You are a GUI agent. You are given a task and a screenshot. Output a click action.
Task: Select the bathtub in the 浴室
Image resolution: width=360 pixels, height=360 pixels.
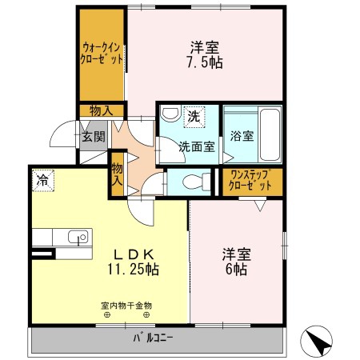click(270, 134)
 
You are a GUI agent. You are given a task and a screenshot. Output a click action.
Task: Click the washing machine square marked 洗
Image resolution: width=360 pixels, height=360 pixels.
click(194, 117)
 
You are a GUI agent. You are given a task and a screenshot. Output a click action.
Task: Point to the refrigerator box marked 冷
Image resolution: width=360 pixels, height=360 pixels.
click(43, 180)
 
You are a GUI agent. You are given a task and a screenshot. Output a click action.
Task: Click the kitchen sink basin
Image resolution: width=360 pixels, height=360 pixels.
click(78, 237)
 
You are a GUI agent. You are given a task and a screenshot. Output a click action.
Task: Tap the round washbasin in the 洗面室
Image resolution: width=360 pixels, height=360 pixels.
click(170, 114)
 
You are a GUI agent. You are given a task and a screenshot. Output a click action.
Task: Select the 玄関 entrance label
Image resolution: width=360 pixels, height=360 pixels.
click(94, 137)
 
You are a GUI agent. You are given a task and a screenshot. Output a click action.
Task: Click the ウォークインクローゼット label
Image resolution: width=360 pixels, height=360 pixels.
click(102, 54)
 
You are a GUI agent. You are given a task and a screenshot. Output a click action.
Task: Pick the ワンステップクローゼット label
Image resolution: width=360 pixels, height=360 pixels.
click(250, 181)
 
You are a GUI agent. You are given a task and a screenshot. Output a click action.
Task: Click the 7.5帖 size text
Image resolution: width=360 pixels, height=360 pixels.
click(205, 63)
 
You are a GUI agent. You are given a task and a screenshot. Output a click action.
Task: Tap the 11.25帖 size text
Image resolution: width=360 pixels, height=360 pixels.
click(134, 270)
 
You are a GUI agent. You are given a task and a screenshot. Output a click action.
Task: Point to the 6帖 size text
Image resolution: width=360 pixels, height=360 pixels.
click(236, 270)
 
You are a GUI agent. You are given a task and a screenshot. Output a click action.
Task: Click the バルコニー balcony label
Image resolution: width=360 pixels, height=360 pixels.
click(153, 338)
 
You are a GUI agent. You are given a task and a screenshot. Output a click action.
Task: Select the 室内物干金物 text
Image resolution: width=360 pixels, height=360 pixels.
click(126, 306)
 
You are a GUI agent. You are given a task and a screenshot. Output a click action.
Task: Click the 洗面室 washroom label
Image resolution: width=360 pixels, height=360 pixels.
click(197, 146)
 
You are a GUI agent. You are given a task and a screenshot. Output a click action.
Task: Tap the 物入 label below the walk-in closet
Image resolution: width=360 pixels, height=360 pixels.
click(102, 111)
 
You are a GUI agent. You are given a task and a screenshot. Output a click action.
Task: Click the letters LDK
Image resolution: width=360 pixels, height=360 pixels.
click(134, 254)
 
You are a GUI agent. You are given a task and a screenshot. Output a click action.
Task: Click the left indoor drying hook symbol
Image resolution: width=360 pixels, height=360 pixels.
click(106, 315)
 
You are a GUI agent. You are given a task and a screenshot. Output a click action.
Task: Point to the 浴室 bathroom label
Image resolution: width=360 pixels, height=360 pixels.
click(242, 136)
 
